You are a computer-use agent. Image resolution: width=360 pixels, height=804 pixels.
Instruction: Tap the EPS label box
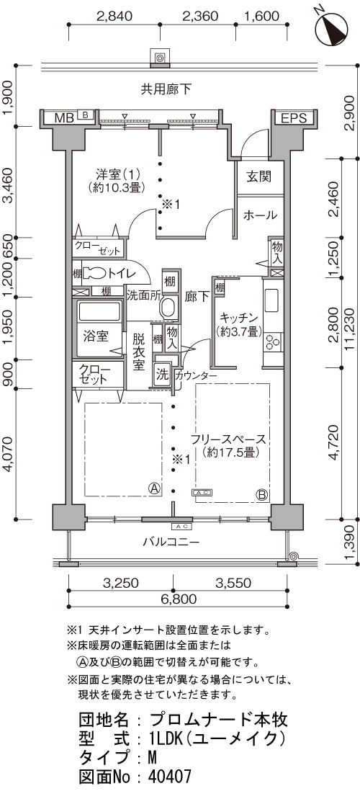point(294,118)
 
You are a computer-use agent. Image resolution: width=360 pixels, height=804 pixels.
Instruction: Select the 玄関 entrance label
point(258,177)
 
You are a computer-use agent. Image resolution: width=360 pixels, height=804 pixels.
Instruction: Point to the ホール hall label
point(260,215)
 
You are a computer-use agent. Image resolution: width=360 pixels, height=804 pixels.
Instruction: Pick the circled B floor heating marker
point(261,495)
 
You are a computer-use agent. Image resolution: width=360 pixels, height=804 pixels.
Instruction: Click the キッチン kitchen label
point(237,318)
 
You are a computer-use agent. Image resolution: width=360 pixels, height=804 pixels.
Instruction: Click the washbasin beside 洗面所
point(168,308)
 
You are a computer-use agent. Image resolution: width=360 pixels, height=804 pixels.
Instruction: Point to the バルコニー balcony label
point(171,542)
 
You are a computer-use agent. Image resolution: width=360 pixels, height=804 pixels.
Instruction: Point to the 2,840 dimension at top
point(114,15)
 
